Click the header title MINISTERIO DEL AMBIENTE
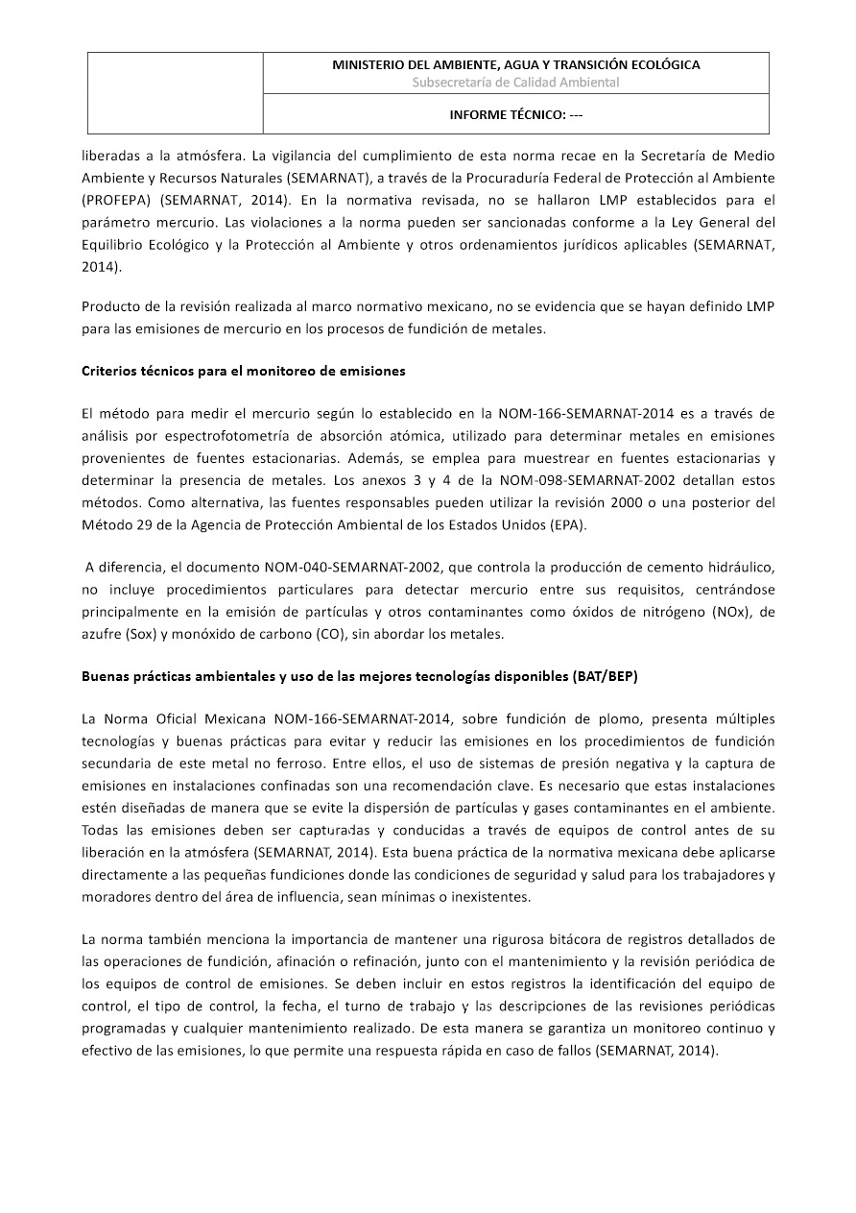coord(515,64)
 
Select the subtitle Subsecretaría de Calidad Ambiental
coord(515,83)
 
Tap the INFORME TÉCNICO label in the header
coord(516,114)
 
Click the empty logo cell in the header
coord(176,93)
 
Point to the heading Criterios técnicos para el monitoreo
coord(244,371)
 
